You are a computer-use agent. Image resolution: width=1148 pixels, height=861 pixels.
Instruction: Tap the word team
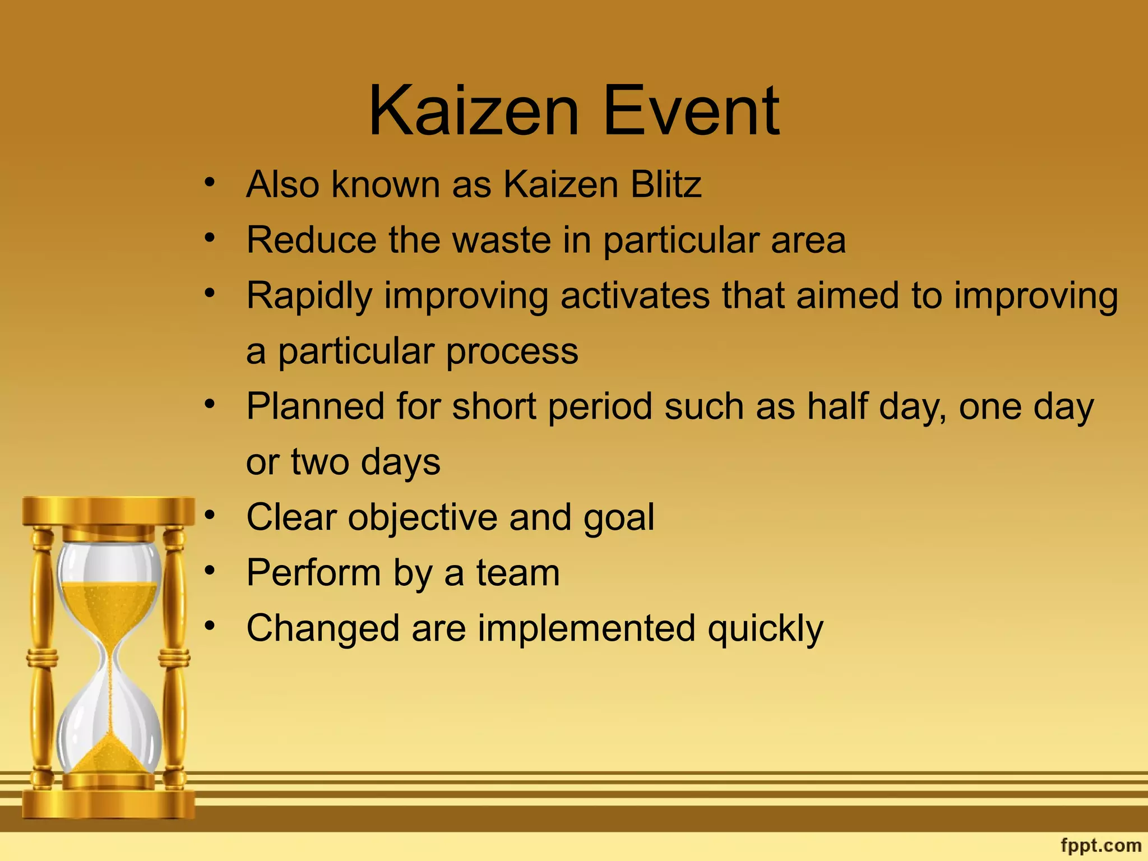518,573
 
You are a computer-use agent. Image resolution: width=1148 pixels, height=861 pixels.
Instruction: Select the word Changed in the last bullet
323,629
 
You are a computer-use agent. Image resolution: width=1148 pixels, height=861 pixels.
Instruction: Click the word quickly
765,629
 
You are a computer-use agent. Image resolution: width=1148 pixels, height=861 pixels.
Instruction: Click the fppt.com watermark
1101,845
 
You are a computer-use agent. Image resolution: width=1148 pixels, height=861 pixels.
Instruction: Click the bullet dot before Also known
210,182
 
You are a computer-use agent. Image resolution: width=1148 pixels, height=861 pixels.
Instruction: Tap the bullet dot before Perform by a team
210,571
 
